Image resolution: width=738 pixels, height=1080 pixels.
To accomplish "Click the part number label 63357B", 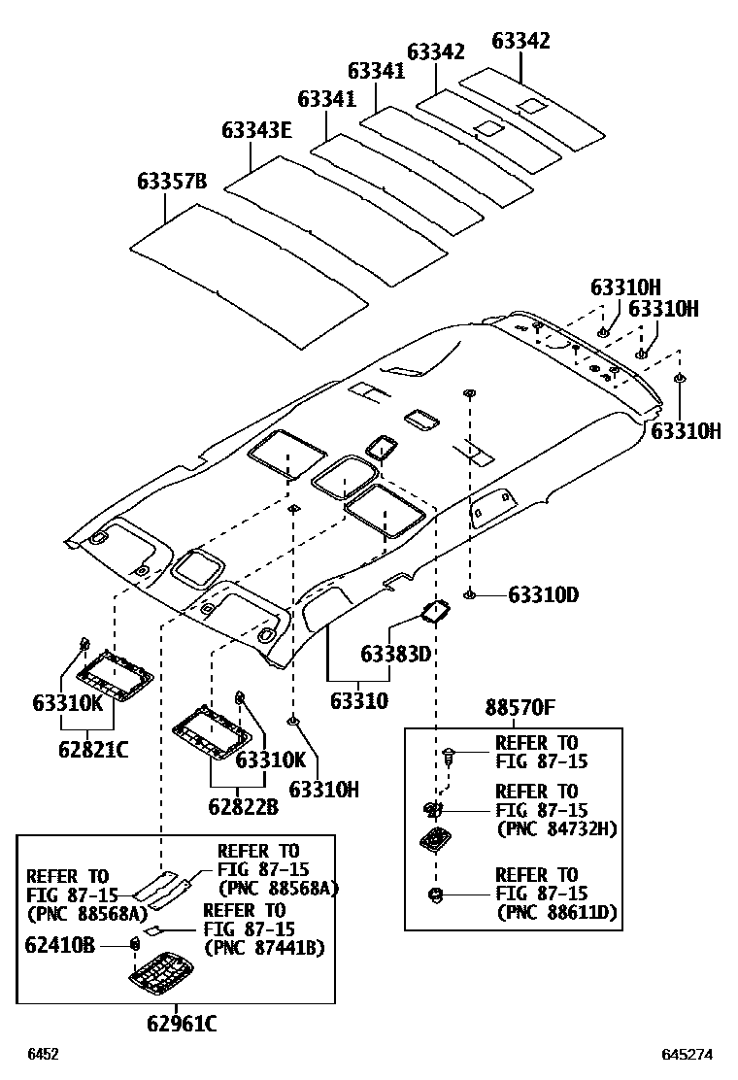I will [172, 182].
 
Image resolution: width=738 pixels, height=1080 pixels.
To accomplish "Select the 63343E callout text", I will [256, 130].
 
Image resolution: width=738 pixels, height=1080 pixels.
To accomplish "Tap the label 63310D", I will [543, 594].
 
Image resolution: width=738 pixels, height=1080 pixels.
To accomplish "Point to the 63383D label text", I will [396, 654].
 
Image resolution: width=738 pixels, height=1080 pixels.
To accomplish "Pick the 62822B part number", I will [243, 806].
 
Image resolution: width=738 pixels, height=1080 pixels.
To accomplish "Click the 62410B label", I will [60, 942].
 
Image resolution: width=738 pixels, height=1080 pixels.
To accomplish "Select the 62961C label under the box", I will [182, 1023].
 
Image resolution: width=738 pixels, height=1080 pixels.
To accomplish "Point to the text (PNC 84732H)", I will [556, 828].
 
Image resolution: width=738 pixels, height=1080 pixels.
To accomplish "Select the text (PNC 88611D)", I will [556, 912].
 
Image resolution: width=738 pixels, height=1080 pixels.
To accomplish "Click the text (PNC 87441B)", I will [263, 947].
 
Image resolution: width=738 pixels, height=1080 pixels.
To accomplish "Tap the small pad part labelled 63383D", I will [434, 612].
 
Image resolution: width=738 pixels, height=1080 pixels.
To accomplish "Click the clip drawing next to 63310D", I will [470, 594].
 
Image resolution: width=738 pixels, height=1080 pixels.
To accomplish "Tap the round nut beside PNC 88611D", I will [435, 894].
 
